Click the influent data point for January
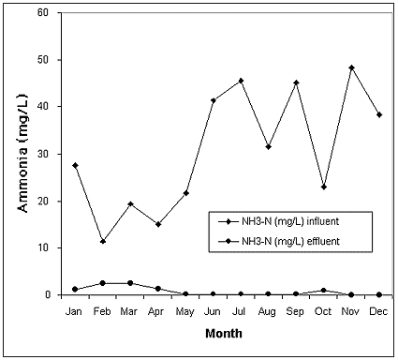pyautogui.click(x=75, y=165)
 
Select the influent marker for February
pyautogui.click(x=103, y=241)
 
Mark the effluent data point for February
pyautogui.click(x=103, y=282)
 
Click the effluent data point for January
pyautogui.click(x=75, y=289)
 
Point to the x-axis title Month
pyautogui.click(x=227, y=332)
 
